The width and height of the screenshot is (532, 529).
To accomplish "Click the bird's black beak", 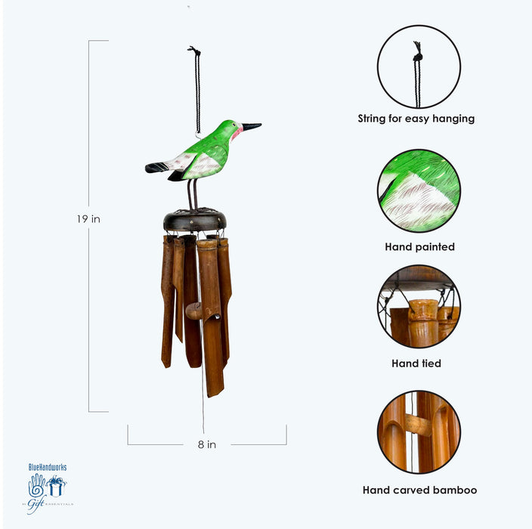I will tap(252, 127).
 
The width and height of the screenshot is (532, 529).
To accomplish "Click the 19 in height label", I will tap(88, 219).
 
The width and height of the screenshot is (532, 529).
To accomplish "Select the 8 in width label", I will tap(206, 444).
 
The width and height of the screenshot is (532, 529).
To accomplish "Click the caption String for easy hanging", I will tap(416, 119).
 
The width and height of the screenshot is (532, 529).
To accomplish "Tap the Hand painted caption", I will tap(419, 246).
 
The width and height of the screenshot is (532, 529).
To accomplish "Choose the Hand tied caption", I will tap(416, 363).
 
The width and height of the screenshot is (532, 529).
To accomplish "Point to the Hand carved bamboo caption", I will tap(419, 490).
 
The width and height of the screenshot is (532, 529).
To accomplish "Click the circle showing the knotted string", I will tap(419, 67).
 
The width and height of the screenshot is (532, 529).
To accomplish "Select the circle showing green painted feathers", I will tap(419, 190).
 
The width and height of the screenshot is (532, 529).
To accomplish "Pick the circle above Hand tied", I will tap(419, 306).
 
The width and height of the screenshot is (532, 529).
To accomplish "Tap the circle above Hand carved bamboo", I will tap(419, 432).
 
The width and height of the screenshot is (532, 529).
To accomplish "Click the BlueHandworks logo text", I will tap(47, 468).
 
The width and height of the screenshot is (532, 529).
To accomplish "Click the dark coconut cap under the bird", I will tap(196, 220).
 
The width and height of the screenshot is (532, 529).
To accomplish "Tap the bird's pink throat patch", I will tap(236, 134).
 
